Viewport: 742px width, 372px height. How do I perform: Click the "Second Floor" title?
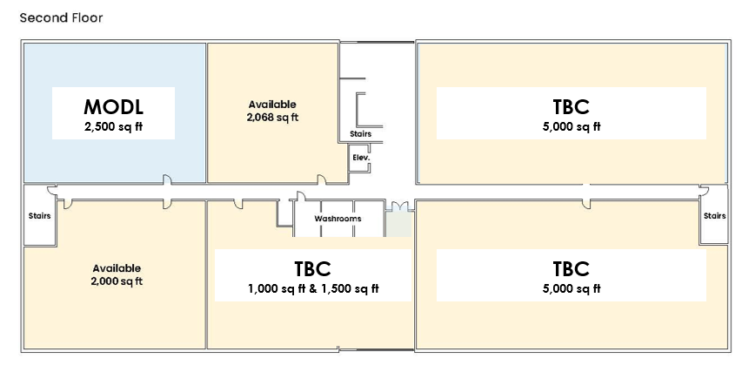click(x=61, y=18)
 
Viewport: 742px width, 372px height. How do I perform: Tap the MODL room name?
click(x=114, y=107)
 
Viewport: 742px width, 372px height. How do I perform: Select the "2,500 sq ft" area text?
click(x=114, y=126)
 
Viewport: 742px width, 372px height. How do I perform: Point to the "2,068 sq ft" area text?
click(x=272, y=117)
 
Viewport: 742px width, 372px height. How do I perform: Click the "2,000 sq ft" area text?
click(x=117, y=281)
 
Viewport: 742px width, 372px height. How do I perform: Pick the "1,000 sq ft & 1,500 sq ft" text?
click(x=313, y=288)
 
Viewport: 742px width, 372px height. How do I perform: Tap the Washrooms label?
click(x=338, y=219)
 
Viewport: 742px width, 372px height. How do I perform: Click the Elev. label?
click(x=361, y=158)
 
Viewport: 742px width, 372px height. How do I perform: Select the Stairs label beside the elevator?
click(x=361, y=134)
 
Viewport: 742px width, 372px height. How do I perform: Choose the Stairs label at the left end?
click(x=39, y=215)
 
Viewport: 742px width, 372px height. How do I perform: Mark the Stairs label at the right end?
click(x=714, y=215)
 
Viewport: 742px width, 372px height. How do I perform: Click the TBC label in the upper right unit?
click(x=572, y=107)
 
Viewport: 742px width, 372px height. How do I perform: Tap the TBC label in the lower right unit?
click(x=572, y=269)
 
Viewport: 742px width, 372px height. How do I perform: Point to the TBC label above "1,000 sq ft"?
click(x=312, y=269)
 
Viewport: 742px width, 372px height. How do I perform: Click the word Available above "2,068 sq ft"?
click(x=272, y=105)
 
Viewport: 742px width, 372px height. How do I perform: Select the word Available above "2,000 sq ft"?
click(x=117, y=268)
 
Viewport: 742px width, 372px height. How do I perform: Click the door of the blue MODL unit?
click(x=167, y=179)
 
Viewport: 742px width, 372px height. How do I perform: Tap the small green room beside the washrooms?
click(x=399, y=224)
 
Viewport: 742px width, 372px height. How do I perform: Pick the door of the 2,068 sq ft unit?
click(x=321, y=179)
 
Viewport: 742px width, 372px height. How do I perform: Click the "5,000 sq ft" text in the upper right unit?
click(x=572, y=126)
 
